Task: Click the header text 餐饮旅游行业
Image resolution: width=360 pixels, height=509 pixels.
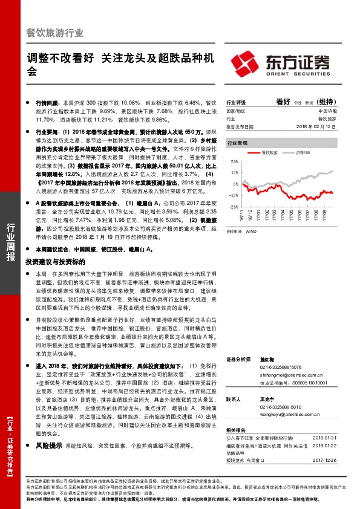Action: point(55,33)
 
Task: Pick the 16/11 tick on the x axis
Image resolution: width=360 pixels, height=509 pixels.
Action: point(242,215)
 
